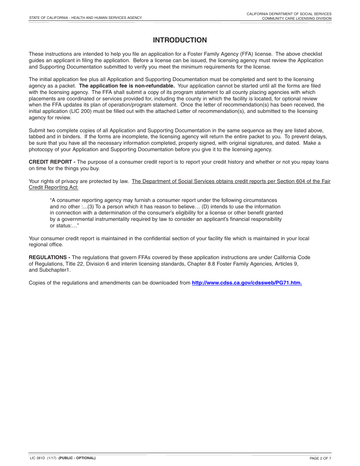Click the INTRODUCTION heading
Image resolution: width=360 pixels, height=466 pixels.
tap(180, 40)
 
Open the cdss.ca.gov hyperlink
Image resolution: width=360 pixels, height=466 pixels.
tap(247, 283)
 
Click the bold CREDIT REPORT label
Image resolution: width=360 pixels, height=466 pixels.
tap(52, 162)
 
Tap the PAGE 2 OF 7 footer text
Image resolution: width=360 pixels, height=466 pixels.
tap(320, 458)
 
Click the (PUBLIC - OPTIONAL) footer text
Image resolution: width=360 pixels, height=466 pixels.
tap(77, 458)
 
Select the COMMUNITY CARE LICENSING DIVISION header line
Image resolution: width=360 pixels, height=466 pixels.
tap(297, 19)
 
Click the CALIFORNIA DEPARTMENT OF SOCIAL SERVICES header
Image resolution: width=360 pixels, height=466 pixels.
tap(289, 14)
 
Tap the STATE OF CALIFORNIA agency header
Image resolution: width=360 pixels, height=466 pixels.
tap(85, 18)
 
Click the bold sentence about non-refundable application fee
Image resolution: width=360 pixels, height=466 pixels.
tap(127, 86)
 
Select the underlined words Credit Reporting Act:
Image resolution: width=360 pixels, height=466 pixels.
tap(53, 188)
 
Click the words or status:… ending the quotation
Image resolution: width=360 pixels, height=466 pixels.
tap(64, 226)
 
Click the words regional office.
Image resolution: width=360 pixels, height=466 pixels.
tap(46, 245)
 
